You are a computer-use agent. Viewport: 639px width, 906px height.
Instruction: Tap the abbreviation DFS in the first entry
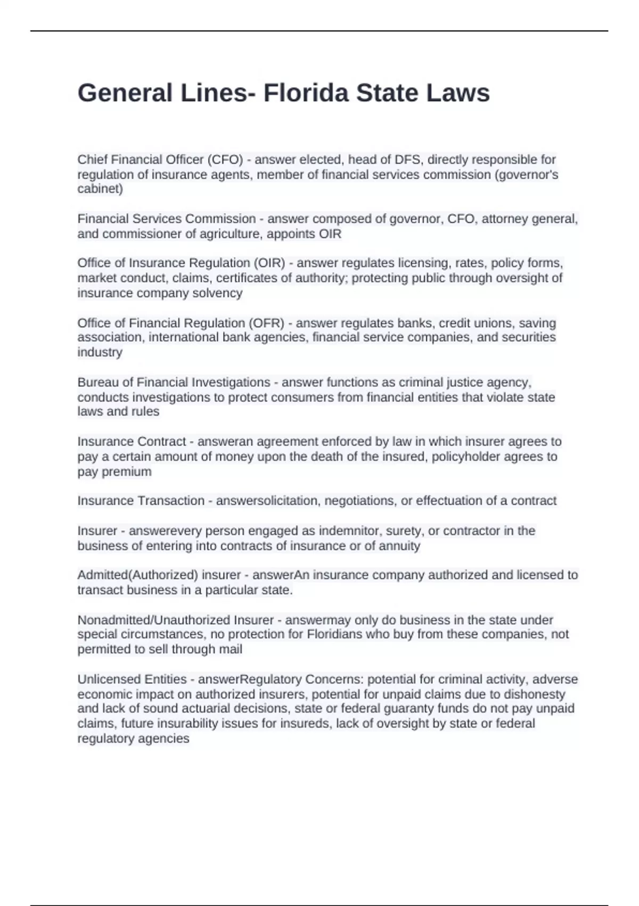pyautogui.click(x=408, y=160)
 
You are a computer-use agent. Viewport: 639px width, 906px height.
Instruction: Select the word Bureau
pyautogui.click(x=97, y=383)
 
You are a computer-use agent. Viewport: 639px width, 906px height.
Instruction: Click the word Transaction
pyautogui.click(x=171, y=501)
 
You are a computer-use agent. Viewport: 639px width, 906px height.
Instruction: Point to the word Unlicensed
pyautogui.click(x=110, y=679)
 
